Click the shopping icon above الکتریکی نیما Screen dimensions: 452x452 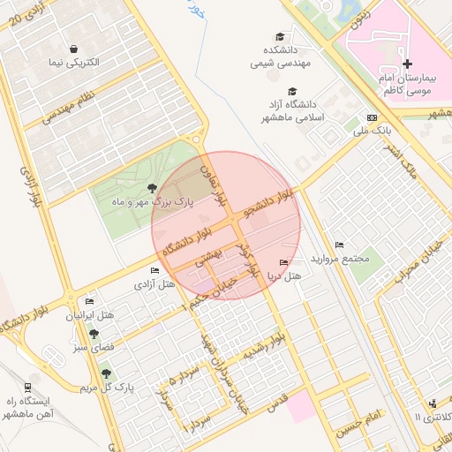point(73,49)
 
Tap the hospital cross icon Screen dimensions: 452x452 point(407,64)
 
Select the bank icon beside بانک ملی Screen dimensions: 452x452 point(372,118)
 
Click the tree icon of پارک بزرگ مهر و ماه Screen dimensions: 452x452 point(154,187)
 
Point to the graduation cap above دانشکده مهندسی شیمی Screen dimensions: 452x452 point(280,36)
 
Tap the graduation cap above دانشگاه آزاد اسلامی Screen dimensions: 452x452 point(292,90)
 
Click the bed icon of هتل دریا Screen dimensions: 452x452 point(283,262)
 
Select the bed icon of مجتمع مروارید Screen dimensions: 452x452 point(340,245)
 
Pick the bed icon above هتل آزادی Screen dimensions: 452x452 point(155,270)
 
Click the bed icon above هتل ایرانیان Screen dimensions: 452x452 point(89,301)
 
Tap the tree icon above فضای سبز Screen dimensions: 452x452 point(94,334)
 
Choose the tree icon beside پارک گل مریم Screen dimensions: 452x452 point(107,376)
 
